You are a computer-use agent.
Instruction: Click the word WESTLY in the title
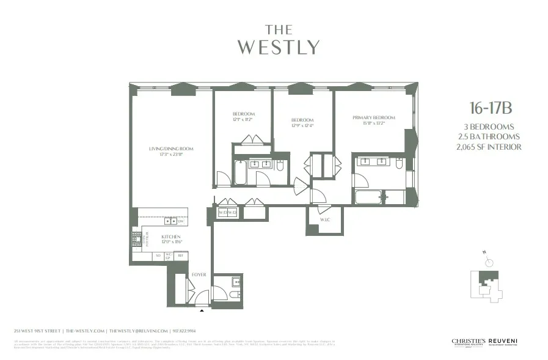(x=278, y=48)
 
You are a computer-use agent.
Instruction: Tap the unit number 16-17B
(x=490, y=109)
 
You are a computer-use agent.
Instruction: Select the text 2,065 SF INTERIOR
(x=490, y=147)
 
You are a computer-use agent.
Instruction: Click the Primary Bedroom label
(x=373, y=118)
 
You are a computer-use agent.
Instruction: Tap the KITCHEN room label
(x=171, y=237)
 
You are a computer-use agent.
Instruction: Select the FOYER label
(x=199, y=274)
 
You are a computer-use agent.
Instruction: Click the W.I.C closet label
(x=325, y=219)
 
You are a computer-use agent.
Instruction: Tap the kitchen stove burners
(x=136, y=238)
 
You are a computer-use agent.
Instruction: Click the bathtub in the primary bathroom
(x=369, y=197)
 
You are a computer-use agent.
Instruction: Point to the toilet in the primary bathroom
(x=398, y=164)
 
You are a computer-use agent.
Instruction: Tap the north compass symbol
(x=489, y=262)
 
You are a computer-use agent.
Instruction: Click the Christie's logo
(x=467, y=342)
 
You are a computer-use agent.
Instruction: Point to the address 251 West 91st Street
(x=37, y=331)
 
